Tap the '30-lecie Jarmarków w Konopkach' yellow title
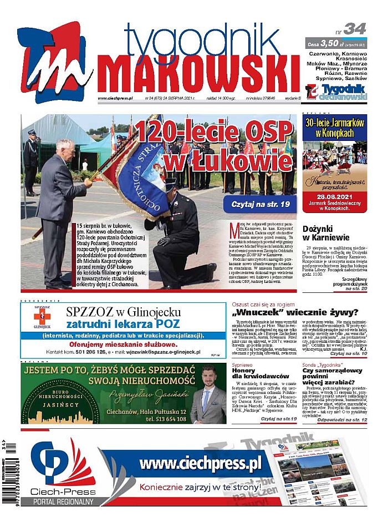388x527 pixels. click(x=334, y=128)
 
